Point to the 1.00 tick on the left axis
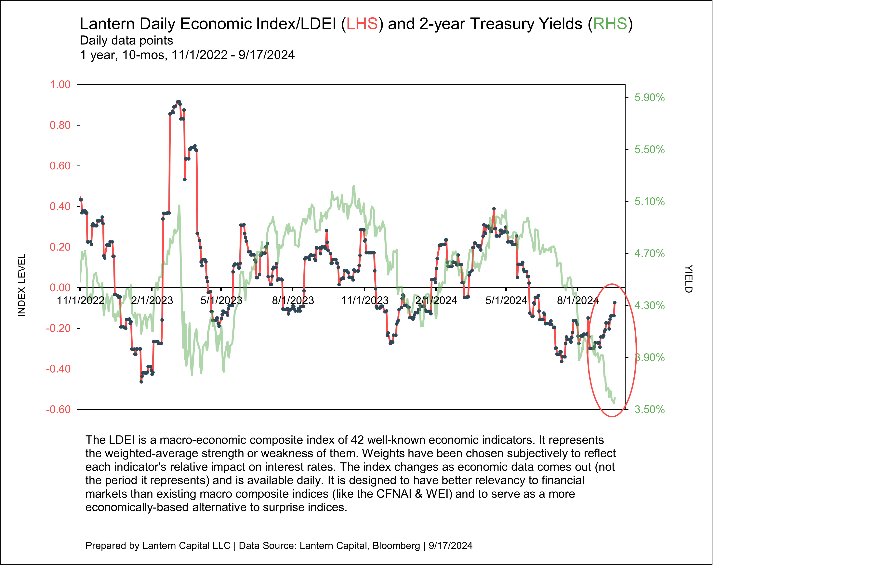(x=60, y=84)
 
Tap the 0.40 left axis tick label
(x=60, y=206)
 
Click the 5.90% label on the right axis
(x=649, y=98)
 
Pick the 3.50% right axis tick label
(x=649, y=410)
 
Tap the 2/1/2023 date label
(x=152, y=301)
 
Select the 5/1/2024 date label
(x=506, y=301)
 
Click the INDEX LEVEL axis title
(x=22, y=285)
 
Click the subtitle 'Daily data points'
(x=126, y=41)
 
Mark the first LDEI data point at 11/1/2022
(x=81, y=200)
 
